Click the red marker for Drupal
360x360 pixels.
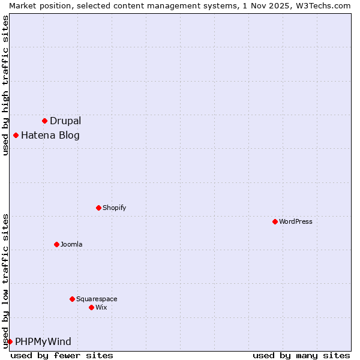coord(44,121)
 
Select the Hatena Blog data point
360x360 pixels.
coord(16,135)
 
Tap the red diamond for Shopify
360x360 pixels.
coord(98,208)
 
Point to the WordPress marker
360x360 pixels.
coord(275,221)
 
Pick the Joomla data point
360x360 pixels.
coord(56,244)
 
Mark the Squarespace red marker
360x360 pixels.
coord(72,299)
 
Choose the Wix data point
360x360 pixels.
coord(91,307)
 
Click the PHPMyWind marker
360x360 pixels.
coord(10,341)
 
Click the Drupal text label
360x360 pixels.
coord(65,121)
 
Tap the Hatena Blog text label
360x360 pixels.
coord(50,135)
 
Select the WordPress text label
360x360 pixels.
coord(296,221)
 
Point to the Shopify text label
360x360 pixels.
coord(115,208)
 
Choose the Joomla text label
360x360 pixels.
coord(71,244)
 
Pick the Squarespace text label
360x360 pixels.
coord(97,299)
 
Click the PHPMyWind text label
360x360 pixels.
coord(43,341)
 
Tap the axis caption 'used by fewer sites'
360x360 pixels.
coord(62,355)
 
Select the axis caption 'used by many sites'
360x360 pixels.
coord(301,355)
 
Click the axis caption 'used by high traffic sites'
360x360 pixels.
coord(5,85)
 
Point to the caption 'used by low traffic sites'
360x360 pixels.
coord(5,280)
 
